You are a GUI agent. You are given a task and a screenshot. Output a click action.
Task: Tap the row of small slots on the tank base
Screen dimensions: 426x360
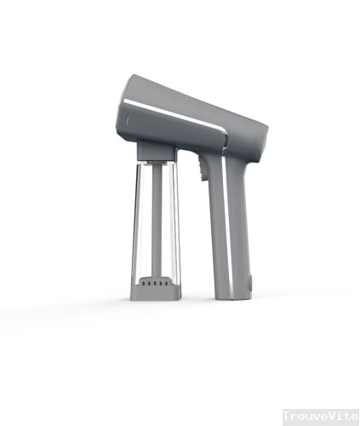click(x=155, y=280)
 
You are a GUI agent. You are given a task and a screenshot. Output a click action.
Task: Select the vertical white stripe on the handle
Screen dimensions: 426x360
click(x=227, y=222)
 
